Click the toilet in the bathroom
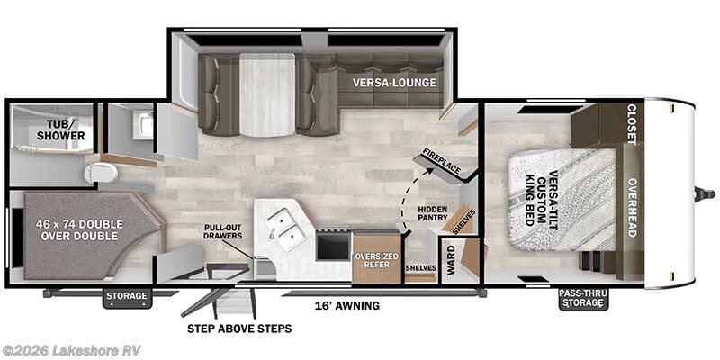pos(101,173)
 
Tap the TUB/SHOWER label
pos(60,130)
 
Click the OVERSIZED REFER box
pos(376,259)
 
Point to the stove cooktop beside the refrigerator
pos(333,244)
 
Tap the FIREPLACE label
pos(441,162)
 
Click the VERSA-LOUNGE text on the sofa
pos(394,83)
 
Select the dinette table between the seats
pos(266,95)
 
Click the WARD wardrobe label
pos(451,260)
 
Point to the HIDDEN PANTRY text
pos(432,213)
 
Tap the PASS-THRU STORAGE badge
pos(583,298)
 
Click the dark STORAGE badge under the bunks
pos(127,296)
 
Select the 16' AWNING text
pos(347,305)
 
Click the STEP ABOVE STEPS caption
pos(239,328)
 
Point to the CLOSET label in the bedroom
pos(632,124)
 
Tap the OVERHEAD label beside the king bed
pos(632,208)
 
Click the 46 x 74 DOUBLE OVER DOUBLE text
pos(82,230)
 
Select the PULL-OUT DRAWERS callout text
pos(223,232)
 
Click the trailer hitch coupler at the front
pos(705,194)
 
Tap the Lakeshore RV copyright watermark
pos(71,350)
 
